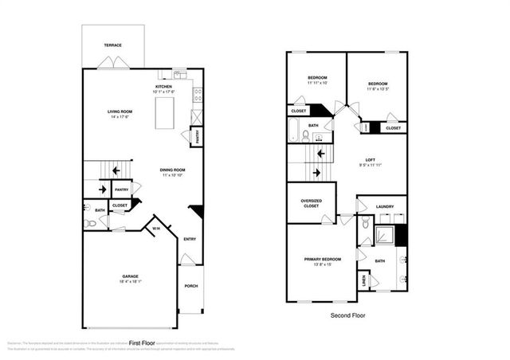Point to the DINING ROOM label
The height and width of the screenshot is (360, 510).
coord(173,170)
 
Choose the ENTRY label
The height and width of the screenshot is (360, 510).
coord(190,239)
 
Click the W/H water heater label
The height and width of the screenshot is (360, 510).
coord(156,229)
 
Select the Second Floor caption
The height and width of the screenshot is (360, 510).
coord(347,316)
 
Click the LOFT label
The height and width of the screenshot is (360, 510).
coord(371,159)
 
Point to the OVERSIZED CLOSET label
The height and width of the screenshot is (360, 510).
coord(312,203)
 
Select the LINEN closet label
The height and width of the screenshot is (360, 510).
coord(364,280)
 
